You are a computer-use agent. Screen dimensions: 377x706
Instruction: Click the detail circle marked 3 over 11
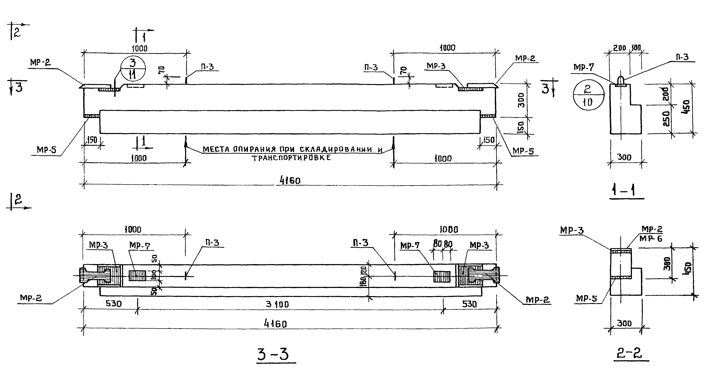click(133, 70)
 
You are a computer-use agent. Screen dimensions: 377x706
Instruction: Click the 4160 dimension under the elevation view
click(290, 180)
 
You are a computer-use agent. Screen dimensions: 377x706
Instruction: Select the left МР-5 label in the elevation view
click(46, 150)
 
